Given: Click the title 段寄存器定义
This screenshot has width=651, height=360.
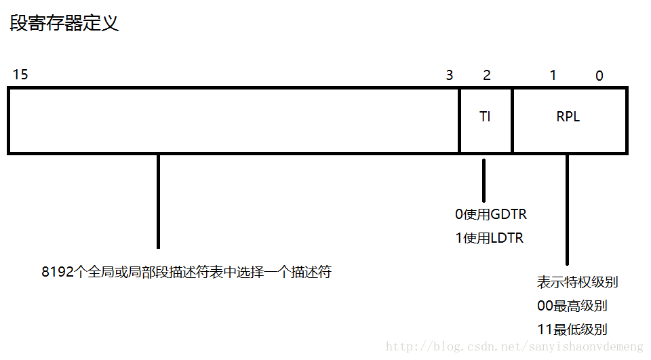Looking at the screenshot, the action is [x=64, y=24].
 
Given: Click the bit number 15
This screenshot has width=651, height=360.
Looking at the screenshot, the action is [x=20, y=75].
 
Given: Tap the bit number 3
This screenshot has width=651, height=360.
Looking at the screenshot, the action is [x=449, y=75].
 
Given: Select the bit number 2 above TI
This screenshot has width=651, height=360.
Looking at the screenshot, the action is [x=487, y=75].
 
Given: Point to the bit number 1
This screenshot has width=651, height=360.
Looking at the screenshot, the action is [x=553, y=75].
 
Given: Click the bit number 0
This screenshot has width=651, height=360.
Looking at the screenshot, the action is [x=599, y=76].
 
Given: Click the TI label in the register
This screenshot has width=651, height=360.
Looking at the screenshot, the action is [x=485, y=117].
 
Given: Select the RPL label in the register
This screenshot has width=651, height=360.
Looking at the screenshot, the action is [x=568, y=117].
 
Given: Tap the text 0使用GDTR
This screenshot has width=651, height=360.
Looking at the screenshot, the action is [x=491, y=214].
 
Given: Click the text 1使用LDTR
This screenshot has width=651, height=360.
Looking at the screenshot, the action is [x=490, y=238].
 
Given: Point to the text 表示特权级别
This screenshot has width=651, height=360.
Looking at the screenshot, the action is [x=577, y=282].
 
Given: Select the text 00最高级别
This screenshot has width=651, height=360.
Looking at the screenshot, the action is [x=572, y=306].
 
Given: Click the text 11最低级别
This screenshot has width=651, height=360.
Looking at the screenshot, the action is [x=572, y=329].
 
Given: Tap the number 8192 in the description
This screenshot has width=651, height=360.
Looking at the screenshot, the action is [x=56, y=273].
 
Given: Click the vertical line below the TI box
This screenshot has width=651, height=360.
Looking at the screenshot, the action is [x=484, y=180].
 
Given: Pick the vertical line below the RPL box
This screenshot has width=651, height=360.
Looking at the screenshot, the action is [x=567, y=210].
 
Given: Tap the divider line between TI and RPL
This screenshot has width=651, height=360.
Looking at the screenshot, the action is [x=512, y=120].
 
